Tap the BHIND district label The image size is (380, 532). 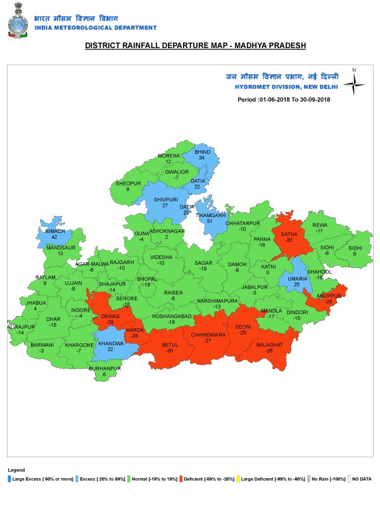pos(202,153)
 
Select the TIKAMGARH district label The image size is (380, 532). pos(210,215)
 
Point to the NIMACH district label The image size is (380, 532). pos(56,232)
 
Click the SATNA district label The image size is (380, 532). pos(289,235)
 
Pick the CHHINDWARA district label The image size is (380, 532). pos(208,334)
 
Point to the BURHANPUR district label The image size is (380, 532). pos(104,368)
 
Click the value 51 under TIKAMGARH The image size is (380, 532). pos(210,222)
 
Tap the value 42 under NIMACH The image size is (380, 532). pos(56,238)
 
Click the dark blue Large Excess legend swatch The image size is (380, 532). pos(9,479)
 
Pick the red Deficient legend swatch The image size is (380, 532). pos(180,479)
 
